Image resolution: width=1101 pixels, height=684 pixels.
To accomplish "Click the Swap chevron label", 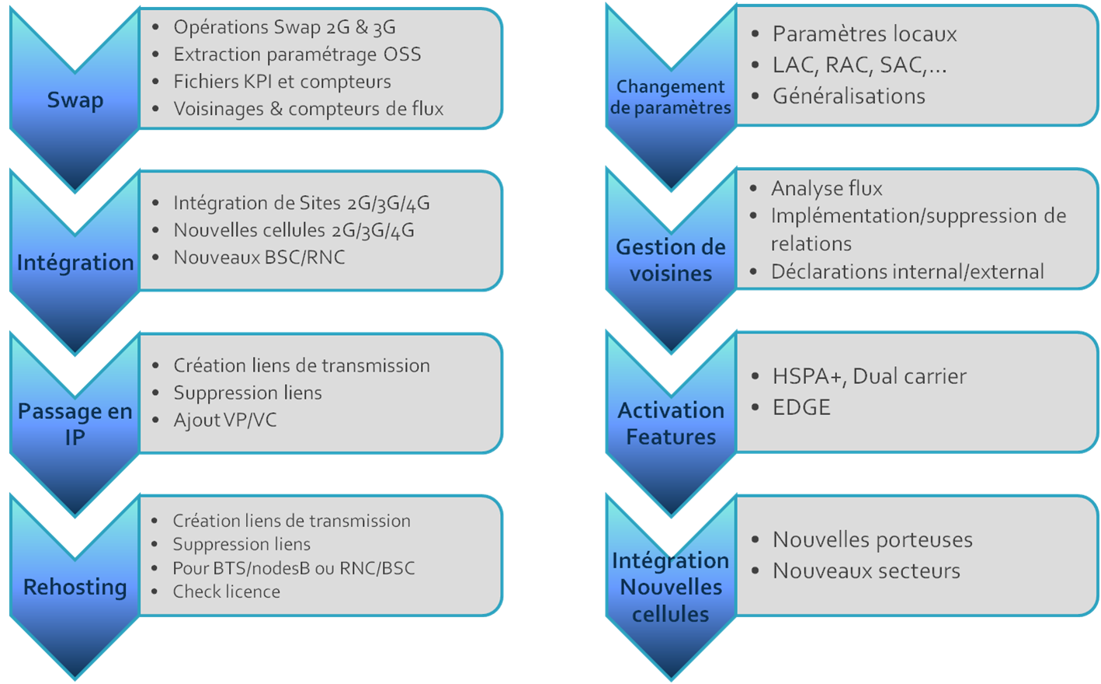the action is pyautogui.click(x=75, y=100).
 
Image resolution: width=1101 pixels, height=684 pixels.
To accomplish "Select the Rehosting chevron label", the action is pyautogui.click(x=75, y=587).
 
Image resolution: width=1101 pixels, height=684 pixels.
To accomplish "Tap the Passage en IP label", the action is pyautogui.click(x=75, y=424).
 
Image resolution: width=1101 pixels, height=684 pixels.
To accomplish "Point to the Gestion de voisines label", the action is pyautogui.click(x=671, y=260).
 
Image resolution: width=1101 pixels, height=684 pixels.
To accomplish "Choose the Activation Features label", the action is pyautogui.click(x=671, y=424).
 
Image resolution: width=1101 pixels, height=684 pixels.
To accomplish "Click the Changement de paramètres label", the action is pyautogui.click(x=671, y=97).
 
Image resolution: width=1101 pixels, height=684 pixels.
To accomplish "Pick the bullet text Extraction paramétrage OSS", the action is pyautogui.click(x=297, y=54).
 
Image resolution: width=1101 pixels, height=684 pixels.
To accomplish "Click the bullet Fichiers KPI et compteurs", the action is pyautogui.click(x=282, y=82).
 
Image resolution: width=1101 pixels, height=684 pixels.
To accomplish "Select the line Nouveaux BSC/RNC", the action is pyautogui.click(x=259, y=257).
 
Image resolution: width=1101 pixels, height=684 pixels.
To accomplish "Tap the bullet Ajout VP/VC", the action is pyautogui.click(x=225, y=421).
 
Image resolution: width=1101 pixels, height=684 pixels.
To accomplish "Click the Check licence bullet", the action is pyautogui.click(x=226, y=592).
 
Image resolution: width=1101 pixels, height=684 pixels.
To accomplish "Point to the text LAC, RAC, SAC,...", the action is pyautogui.click(x=860, y=65).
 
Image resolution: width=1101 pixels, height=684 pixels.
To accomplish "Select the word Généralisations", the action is pyautogui.click(x=849, y=96).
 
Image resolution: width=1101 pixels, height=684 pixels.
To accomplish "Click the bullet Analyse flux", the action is pyautogui.click(x=826, y=188).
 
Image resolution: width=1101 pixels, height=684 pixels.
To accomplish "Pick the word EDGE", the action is pyautogui.click(x=801, y=407).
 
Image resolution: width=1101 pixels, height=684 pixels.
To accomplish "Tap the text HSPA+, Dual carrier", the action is pyautogui.click(x=870, y=376).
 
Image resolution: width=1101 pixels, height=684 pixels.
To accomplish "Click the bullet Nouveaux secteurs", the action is pyautogui.click(x=866, y=571).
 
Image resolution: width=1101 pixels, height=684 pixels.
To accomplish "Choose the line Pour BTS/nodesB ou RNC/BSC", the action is pyautogui.click(x=293, y=568).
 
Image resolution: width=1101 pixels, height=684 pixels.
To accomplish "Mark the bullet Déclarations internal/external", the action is pyautogui.click(x=908, y=271).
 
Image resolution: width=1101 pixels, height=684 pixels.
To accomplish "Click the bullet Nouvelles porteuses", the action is pyautogui.click(x=873, y=540).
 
